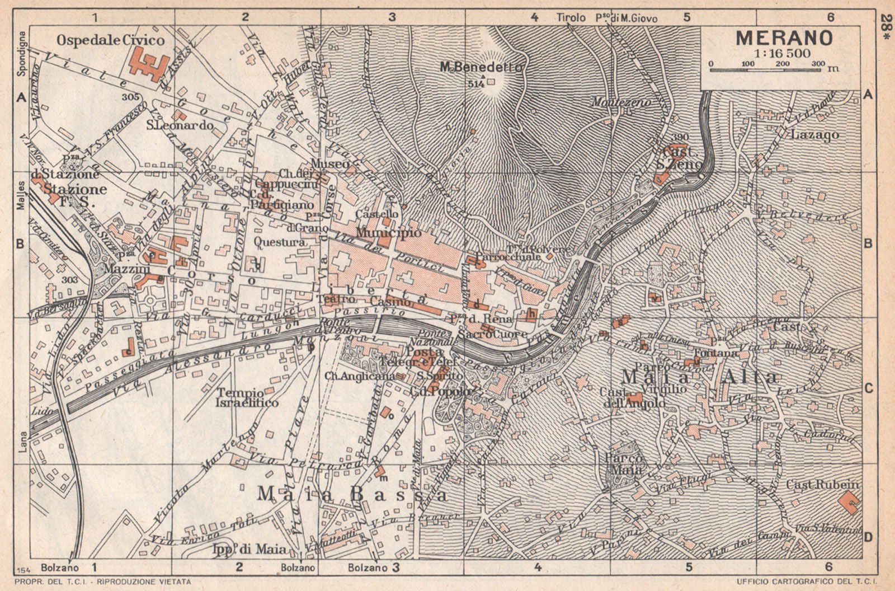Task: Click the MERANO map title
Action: [783, 39]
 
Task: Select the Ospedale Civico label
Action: [111, 40]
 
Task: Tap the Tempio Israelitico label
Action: [247, 397]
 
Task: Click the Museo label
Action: [330, 164]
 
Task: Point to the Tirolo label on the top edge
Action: [571, 18]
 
